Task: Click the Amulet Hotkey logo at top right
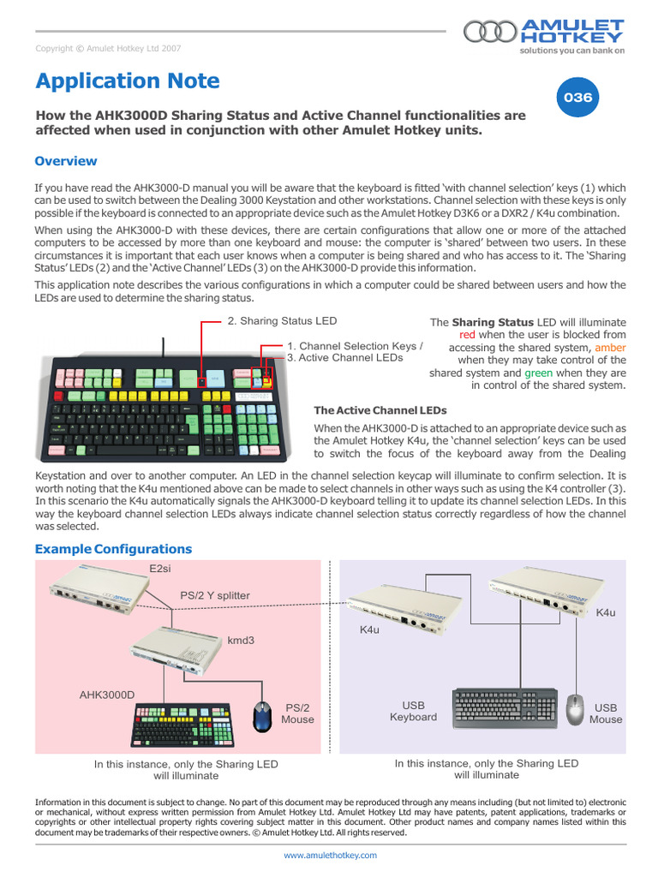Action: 544,34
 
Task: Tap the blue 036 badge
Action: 577,98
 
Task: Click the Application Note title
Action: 128,81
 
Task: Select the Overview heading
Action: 66,161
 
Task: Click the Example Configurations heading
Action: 113,549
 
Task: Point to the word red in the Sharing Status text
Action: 468,335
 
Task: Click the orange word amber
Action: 610,348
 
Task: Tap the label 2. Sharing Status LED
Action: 282,321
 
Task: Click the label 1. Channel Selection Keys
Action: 355,346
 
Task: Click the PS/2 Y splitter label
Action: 215,595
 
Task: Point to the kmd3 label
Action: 241,640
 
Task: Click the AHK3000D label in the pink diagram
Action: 107,695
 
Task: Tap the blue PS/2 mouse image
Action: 264,716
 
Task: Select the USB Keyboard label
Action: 413,711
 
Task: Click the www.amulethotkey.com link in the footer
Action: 330,855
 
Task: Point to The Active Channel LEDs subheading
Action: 380,411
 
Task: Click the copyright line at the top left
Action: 107,49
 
